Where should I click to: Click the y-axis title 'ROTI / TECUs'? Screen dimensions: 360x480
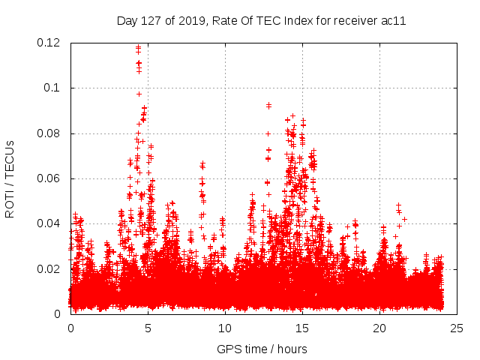[10, 179]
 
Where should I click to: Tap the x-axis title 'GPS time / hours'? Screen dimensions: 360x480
[262, 349]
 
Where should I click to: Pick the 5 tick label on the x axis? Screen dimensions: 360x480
[148, 328]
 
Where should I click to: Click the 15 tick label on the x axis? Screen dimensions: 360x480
[301, 328]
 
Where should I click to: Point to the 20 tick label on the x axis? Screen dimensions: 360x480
[379, 328]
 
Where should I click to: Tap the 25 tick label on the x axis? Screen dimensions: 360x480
[456, 328]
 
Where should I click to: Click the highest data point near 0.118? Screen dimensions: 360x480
[139, 47]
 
